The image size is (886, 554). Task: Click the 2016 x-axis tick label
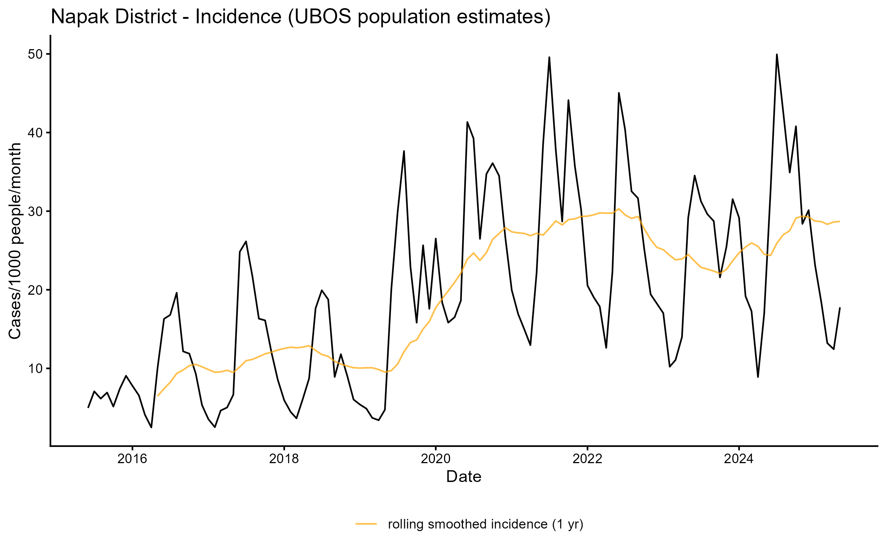coord(132,459)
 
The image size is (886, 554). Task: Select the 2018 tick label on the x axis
coord(284,459)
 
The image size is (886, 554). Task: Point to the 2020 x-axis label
coord(436,459)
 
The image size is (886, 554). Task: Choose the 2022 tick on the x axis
coord(587,459)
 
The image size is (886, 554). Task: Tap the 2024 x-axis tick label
coord(739,459)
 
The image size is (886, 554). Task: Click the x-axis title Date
coord(464,477)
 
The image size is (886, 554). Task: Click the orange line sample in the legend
coord(366,524)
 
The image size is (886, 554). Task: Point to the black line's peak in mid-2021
coord(549,57)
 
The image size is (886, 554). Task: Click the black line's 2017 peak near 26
coord(246,242)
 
